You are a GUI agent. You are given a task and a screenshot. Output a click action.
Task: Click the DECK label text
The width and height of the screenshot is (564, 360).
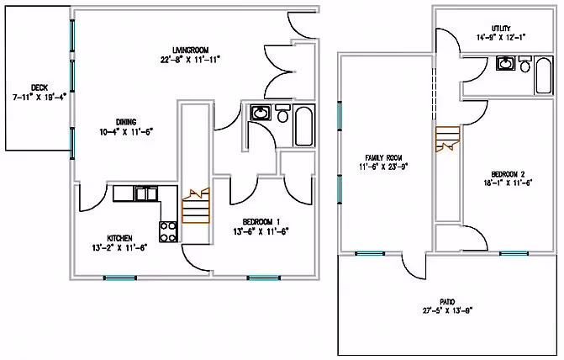[39, 87]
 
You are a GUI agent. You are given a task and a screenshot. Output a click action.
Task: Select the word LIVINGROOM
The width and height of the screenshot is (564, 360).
[190, 49]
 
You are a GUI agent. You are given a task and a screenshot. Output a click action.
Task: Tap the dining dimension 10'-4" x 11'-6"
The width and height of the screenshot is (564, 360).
[125, 132]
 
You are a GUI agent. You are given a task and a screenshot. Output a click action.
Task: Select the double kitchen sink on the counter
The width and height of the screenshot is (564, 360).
[148, 193]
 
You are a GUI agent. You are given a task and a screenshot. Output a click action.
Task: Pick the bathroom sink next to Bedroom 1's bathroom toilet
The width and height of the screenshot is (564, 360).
[260, 114]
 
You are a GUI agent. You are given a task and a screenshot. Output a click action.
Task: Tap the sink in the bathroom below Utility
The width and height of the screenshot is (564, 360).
[506, 64]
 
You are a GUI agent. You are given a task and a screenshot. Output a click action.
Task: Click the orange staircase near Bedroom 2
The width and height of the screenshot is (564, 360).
[447, 138]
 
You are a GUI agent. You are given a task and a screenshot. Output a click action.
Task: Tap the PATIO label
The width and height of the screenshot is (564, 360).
[448, 300]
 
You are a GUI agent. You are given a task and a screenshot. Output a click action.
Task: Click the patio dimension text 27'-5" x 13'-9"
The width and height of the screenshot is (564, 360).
[448, 310]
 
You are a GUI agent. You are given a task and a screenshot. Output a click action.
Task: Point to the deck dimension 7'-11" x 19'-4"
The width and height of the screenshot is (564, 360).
[39, 98]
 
